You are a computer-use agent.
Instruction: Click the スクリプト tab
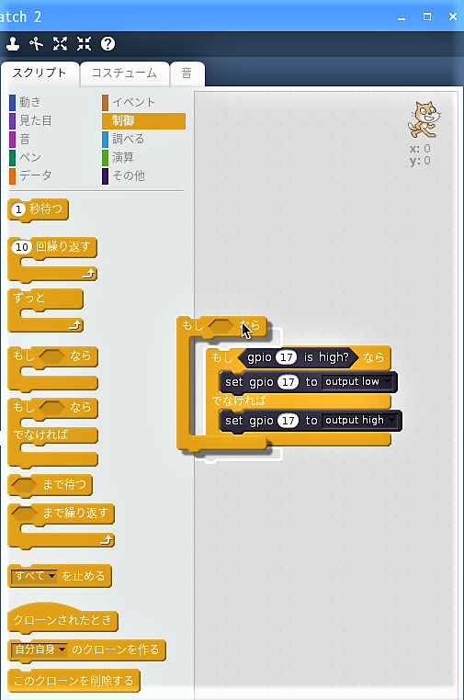click(x=40, y=73)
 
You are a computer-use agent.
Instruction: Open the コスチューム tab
click(x=124, y=73)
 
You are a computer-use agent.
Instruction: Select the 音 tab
click(x=187, y=73)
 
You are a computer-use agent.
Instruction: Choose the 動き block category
click(x=29, y=102)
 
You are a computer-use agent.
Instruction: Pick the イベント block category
click(x=133, y=102)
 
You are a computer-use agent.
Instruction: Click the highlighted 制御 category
click(x=143, y=120)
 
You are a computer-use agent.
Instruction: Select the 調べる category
click(x=128, y=139)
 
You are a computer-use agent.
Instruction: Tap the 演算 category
click(x=123, y=157)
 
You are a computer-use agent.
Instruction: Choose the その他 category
click(x=128, y=175)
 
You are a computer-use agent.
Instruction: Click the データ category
click(x=35, y=175)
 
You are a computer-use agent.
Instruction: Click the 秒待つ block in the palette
click(x=39, y=209)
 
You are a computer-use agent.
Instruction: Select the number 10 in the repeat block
click(x=22, y=247)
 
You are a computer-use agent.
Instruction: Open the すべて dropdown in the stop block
click(x=35, y=576)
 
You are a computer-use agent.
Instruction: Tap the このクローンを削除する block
click(x=74, y=681)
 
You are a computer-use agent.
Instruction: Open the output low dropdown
click(x=357, y=382)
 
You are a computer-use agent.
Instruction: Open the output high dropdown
click(x=360, y=420)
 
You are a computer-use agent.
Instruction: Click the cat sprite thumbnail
click(x=424, y=119)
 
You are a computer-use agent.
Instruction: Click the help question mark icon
click(x=108, y=44)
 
